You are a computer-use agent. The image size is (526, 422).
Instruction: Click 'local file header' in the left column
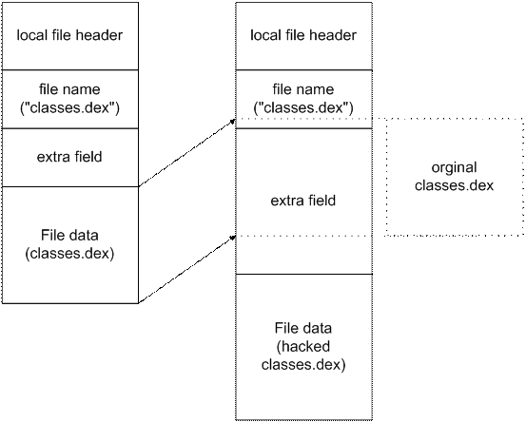[69, 36]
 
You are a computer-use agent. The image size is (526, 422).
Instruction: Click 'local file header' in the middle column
[302, 36]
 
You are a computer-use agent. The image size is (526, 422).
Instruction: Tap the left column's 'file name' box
[69, 98]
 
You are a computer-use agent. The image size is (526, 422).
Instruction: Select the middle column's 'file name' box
[302, 98]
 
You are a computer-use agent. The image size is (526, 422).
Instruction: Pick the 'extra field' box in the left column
[69, 157]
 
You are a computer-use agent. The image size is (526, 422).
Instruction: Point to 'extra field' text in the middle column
[302, 201]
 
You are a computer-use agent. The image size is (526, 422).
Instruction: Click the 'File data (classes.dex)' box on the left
[69, 244]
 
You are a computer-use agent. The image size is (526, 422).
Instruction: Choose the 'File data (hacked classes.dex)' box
[302, 346]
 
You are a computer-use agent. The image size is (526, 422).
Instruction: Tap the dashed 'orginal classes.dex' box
[455, 177]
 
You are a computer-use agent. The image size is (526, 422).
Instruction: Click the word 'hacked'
[302, 346]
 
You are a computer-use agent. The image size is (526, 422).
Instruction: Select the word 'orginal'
[455, 168]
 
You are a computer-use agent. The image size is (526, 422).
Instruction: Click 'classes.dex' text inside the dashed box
[455, 185]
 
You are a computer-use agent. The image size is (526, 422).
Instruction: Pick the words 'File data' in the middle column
[302, 328]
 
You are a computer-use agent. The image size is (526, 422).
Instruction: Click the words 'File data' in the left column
[69, 235]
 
